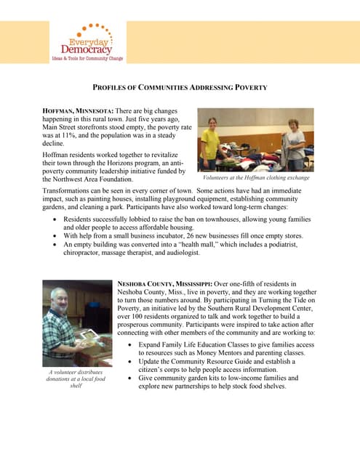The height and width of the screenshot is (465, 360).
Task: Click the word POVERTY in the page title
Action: point(250,87)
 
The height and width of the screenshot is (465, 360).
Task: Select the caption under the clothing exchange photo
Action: point(255,177)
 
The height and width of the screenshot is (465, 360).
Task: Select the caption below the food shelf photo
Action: point(76,379)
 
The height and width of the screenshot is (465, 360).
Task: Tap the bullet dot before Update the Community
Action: point(129,361)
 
